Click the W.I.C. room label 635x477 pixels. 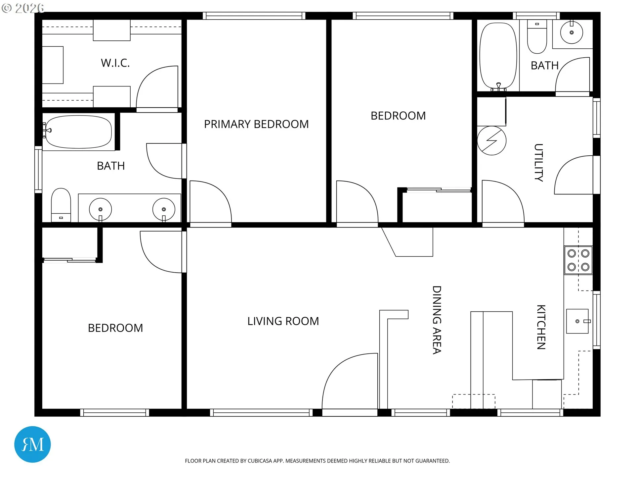115,63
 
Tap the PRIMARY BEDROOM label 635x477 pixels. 256,124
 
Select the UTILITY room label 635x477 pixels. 539,163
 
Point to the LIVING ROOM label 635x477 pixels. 283,321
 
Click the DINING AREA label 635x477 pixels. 437,320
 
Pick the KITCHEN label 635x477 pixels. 541,327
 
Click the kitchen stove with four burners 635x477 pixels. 578,260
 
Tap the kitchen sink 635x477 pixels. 578,321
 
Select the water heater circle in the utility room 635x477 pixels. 492,140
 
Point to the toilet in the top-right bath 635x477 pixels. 537,36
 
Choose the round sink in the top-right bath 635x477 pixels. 571,32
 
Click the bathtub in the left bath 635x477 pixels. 78,132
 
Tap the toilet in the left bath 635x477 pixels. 61,205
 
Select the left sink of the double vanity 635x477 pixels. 101,209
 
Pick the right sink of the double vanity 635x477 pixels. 164,209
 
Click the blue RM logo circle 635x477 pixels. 32,445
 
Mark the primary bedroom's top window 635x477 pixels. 254,16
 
